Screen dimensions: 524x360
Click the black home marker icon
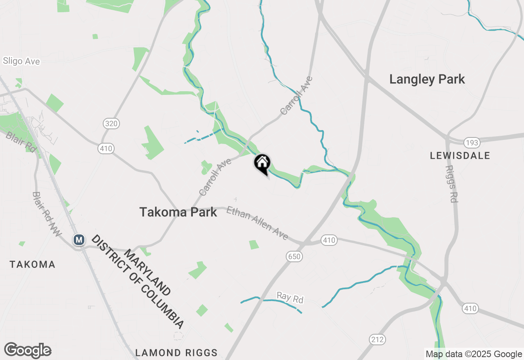click(x=262, y=163)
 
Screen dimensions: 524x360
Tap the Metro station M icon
click(x=79, y=240)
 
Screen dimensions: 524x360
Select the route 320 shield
click(x=111, y=124)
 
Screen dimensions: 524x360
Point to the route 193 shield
click(x=472, y=143)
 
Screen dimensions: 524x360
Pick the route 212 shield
click(x=377, y=339)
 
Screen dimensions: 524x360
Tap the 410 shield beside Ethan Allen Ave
click(x=329, y=240)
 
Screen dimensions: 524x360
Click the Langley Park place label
click(x=427, y=79)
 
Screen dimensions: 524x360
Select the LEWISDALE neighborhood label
click(x=460, y=155)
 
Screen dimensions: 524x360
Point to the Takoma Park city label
click(x=178, y=212)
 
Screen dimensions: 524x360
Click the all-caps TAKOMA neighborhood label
click(x=32, y=264)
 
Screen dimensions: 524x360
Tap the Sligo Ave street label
click(x=21, y=61)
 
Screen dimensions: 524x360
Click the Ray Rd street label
click(x=290, y=297)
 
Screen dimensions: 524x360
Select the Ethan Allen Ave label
click(x=257, y=223)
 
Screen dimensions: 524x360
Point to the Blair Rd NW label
click(x=46, y=214)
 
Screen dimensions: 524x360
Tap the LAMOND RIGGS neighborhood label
click(x=176, y=353)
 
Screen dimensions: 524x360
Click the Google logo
click(x=27, y=351)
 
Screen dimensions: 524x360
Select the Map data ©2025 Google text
click(x=474, y=354)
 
